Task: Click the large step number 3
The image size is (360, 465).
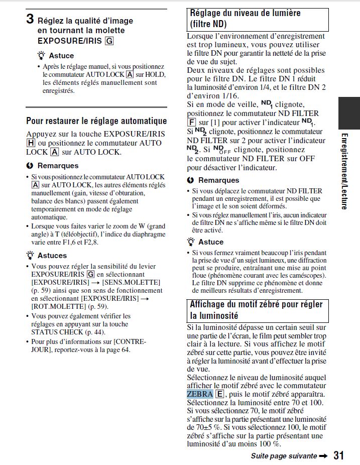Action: point(30,20)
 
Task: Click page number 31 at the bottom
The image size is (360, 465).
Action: point(339,455)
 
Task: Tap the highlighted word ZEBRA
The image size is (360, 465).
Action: point(200,394)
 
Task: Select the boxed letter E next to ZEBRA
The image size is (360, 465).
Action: point(219,394)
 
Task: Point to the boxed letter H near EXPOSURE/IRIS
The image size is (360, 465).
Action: point(31,143)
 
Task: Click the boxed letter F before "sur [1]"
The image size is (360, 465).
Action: point(191,123)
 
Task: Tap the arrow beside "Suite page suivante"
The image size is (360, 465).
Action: point(324,455)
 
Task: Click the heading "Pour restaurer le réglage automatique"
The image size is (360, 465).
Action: point(96,121)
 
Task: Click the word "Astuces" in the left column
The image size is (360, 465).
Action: point(52,255)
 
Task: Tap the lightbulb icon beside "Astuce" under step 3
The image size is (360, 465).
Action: point(41,56)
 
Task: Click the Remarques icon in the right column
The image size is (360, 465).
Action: point(190,180)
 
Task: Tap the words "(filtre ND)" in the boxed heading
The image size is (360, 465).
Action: point(208,24)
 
